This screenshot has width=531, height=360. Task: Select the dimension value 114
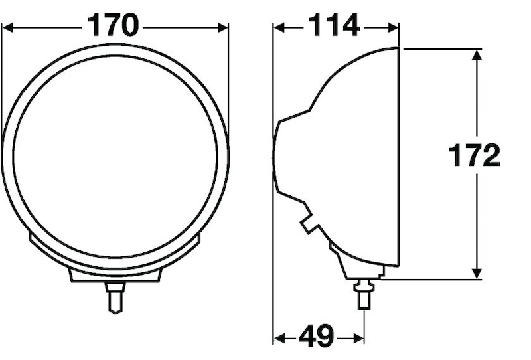point(334,27)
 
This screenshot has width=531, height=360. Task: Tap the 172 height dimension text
point(474,157)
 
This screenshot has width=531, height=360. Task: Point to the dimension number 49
point(316,337)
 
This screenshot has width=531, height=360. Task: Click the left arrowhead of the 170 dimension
point(8,27)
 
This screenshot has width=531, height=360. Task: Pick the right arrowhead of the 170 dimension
point(222,27)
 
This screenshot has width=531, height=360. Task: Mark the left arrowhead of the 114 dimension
point(279,27)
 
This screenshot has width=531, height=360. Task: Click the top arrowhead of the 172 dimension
point(476,54)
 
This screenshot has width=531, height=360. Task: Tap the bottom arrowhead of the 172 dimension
point(476,274)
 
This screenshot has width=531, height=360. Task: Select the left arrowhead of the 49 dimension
point(279,339)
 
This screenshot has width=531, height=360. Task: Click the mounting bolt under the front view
point(115,296)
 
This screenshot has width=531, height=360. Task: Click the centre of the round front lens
point(115,158)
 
